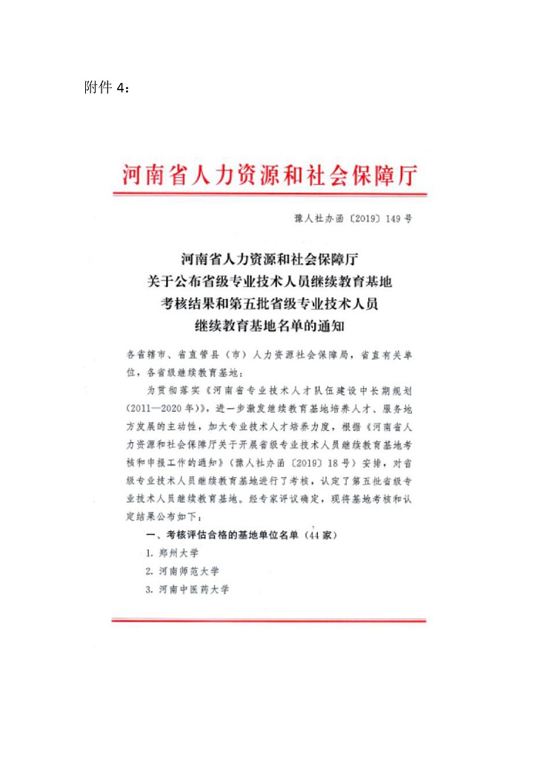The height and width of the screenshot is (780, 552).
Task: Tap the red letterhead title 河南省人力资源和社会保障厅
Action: tap(270, 176)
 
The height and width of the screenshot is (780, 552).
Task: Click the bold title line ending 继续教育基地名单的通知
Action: tap(270, 324)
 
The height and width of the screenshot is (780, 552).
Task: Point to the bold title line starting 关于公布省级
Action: tap(270, 281)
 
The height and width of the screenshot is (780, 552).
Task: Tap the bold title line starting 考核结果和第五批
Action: tap(270, 303)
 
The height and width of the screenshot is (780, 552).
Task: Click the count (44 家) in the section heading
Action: tap(325, 534)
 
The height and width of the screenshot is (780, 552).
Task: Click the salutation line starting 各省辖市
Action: tap(270, 355)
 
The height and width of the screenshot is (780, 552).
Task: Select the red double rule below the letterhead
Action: tap(270, 195)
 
